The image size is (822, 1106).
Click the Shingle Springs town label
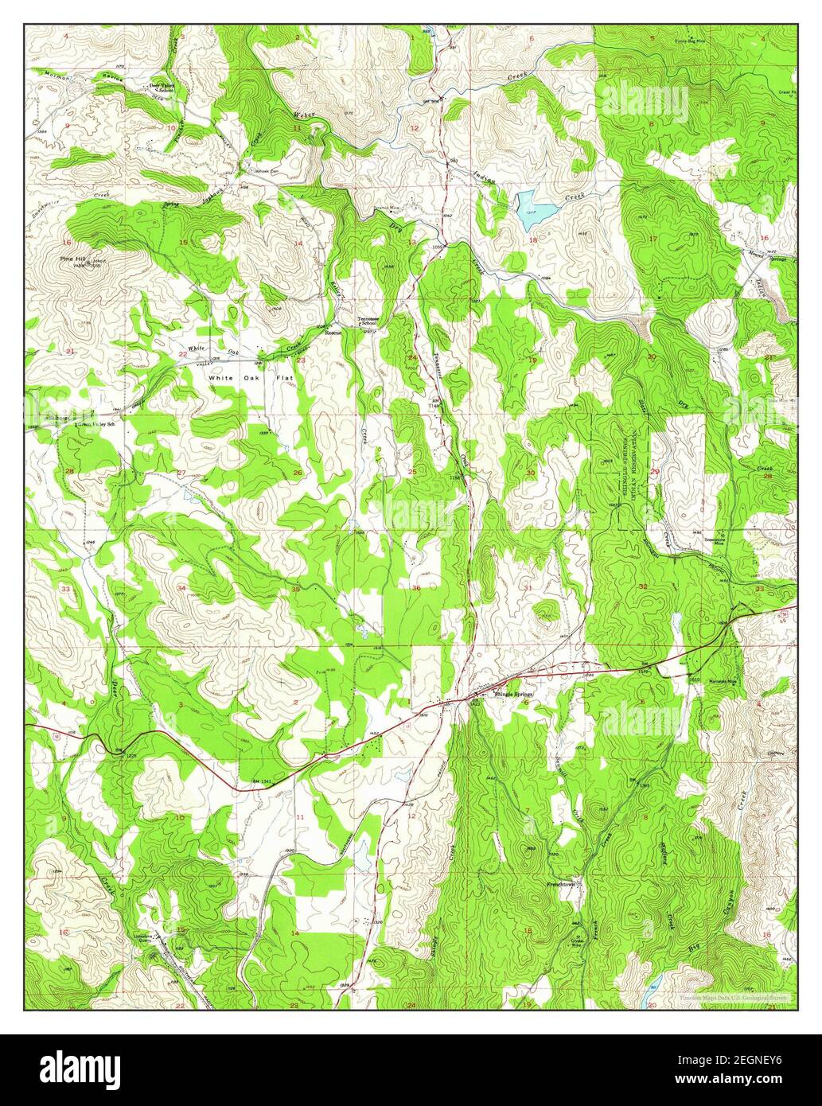512,694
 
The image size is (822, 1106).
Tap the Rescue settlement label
333,333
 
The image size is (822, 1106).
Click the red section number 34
182,588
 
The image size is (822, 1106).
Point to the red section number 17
652,239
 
